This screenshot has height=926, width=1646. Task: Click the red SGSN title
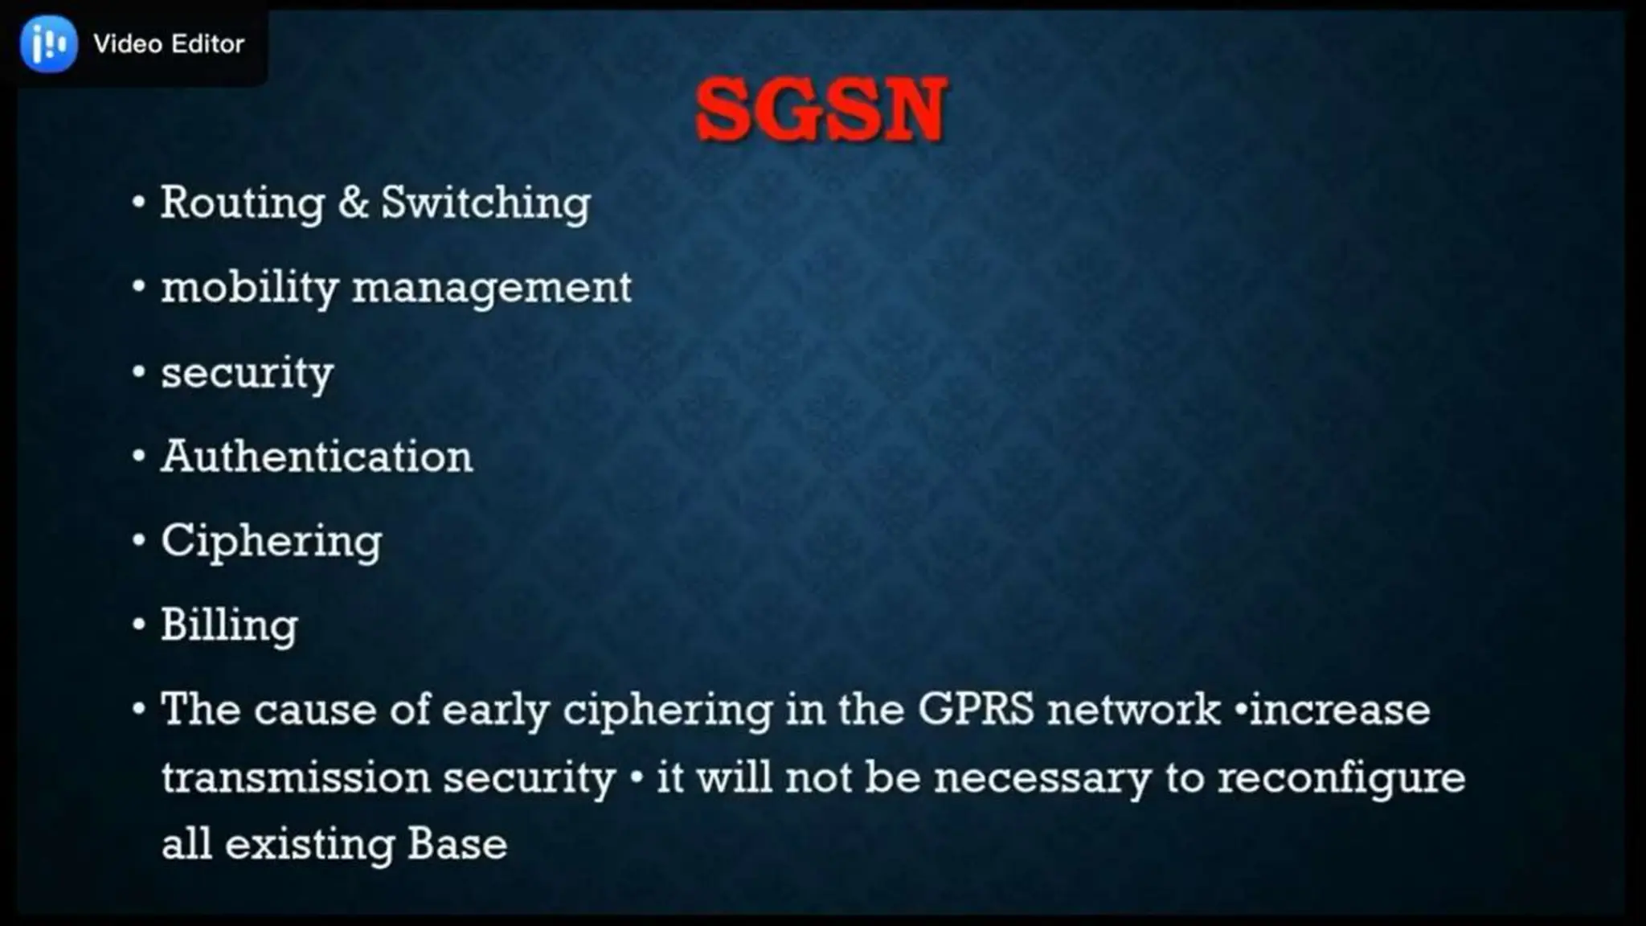click(x=821, y=110)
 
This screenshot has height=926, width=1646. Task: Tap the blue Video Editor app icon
click(x=49, y=43)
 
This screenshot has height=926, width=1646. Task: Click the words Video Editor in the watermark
click(x=169, y=43)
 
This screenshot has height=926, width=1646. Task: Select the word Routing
click(x=242, y=202)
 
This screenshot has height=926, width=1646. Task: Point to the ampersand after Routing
click(x=353, y=202)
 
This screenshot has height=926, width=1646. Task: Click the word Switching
click(x=485, y=202)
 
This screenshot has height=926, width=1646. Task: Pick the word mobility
click(x=249, y=288)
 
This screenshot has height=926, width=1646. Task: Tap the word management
click(x=492, y=288)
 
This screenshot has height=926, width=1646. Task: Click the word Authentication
click(x=317, y=457)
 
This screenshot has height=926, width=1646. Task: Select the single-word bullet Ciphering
click(x=271, y=541)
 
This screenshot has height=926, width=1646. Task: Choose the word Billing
click(x=229, y=625)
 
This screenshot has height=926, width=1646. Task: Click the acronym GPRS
click(x=976, y=710)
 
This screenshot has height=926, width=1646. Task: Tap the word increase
click(x=1340, y=710)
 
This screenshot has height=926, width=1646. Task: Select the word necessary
click(x=1042, y=777)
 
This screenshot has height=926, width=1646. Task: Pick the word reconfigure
click(x=1341, y=779)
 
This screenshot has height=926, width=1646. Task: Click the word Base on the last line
click(x=457, y=844)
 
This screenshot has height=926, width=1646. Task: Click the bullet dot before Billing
click(x=139, y=625)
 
